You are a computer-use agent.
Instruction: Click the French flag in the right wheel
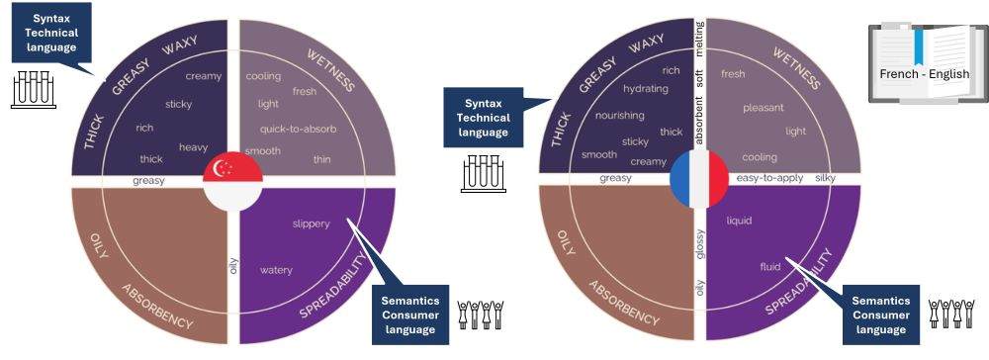[698, 179]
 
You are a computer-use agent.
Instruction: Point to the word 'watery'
[276, 270]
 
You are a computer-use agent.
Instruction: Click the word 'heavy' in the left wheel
[194, 147]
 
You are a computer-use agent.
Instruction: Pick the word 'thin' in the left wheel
[322, 159]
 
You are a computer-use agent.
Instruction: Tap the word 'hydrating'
[646, 89]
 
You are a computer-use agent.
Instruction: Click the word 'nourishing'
[619, 115]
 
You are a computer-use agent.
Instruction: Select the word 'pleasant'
[764, 107]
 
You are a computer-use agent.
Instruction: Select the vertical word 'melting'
[699, 35]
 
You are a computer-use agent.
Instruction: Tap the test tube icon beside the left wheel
[31, 89]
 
